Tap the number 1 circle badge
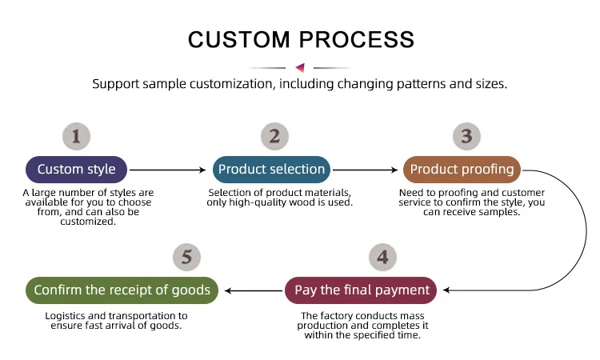pos(77,136)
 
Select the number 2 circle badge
pos(274,136)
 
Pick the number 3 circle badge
pos(467,136)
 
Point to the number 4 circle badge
pos(383,257)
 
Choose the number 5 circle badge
pos(187,257)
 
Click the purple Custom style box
pos(77,170)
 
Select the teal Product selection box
pos(271,170)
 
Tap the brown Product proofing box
pos(462,170)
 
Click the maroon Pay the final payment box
pos(362,290)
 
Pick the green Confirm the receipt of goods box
pos(122,290)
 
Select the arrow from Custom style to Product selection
pos(168,170)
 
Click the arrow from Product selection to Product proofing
pos(365,170)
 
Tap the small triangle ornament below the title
pos(300,68)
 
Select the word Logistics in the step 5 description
pos(67,316)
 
